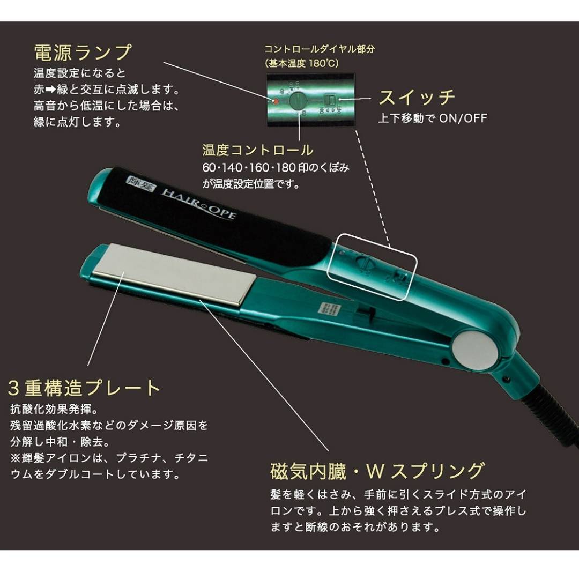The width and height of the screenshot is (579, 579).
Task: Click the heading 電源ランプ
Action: pos(83,53)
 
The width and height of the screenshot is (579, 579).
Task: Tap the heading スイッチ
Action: pos(417,97)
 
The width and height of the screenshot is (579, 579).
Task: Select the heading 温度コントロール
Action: pos(257,150)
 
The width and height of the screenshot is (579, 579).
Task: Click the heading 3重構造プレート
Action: pos(84,388)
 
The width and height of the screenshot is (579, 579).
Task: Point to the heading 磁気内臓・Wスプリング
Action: pos(377,471)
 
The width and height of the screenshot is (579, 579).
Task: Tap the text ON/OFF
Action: pos(463,118)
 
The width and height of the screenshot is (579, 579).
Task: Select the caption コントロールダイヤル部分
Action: pos(320,49)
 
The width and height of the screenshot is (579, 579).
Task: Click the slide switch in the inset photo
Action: pos(331,100)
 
